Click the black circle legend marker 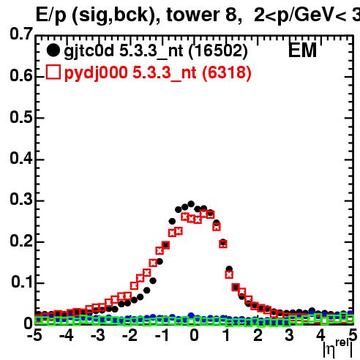53,50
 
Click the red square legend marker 53,72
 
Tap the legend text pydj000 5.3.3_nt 130,73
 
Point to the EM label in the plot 302,50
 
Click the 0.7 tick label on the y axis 21,34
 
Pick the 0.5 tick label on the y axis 21,117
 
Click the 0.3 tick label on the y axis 21,200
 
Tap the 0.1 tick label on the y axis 21,282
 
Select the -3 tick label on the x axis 98,336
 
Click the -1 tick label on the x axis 162,336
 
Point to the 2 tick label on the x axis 258,336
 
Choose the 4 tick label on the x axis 321,336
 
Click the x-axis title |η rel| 338,348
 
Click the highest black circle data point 191,204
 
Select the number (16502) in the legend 218,51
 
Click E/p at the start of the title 51,16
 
